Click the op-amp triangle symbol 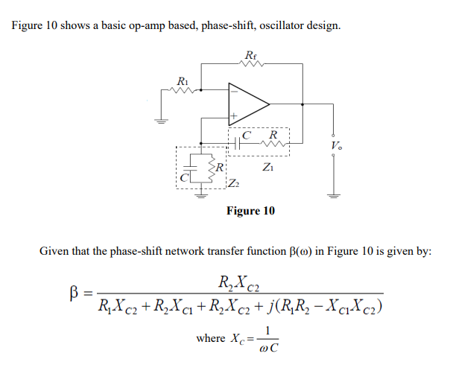[x=249, y=104]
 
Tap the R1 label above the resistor [x=181, y=80]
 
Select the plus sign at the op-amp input [x=233, y=116]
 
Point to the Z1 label [x=267, y=168]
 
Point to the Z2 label [x=233, y=184]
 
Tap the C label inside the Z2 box [x=183, y=177]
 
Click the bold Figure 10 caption [x=250, y=212]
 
